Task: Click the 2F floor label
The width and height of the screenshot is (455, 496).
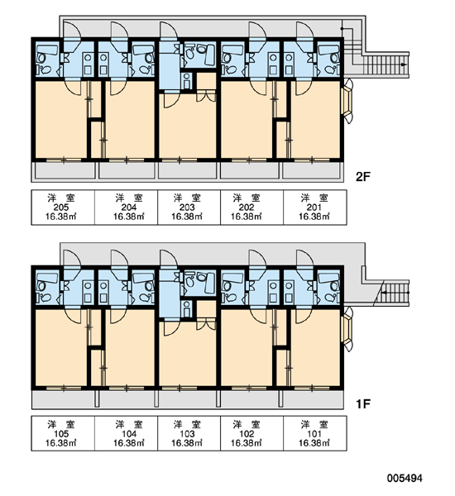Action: click(363, 177)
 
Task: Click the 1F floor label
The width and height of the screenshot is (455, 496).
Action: click(363, 404)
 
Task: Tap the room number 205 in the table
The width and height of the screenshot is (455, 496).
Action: click(61, 207)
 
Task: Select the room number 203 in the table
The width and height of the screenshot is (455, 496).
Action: click(187, 207)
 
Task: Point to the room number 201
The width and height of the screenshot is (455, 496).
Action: click(314, 207)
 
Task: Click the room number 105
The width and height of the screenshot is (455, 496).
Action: click(61, 434)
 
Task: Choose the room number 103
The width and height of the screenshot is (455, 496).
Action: click(187, 434)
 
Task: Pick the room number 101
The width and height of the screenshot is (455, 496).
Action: click(314, 434)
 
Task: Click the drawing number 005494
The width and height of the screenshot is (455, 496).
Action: click(405, 478)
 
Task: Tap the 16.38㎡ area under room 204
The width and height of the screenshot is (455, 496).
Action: click(129, 217)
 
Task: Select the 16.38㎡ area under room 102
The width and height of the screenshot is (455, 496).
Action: click(246, 443)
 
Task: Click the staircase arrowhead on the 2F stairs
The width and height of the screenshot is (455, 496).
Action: click(404, 64)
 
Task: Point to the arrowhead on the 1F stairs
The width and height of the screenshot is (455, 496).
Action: click(384, 293)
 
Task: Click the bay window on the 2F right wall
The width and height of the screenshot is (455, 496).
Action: click(347, 101)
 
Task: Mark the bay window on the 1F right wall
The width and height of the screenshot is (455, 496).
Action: click(347, 329)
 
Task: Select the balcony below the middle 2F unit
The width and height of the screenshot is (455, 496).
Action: click(188, 170)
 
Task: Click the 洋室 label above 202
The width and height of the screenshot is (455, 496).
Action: click(246, 198)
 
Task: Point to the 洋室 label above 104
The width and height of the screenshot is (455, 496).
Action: click(129, 425)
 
